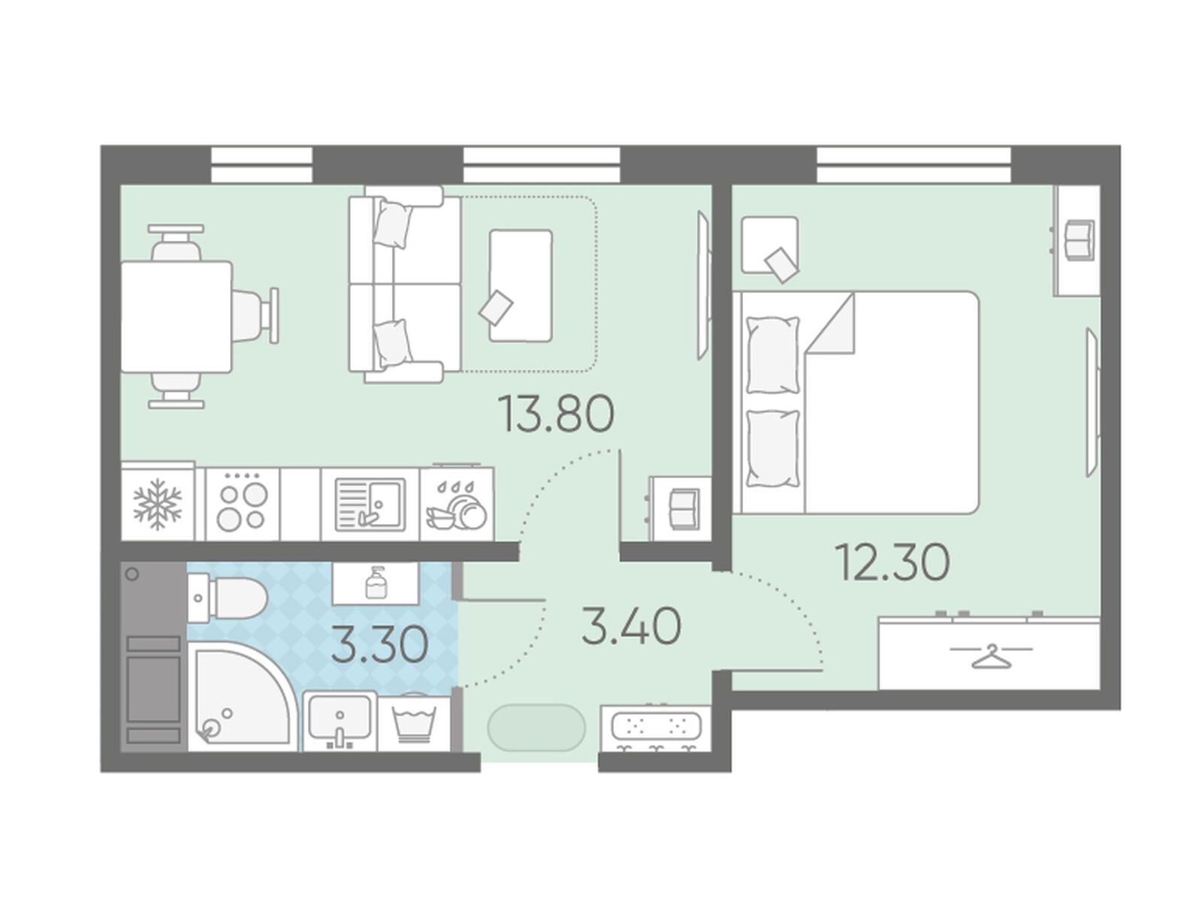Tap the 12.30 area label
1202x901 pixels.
[892, 562]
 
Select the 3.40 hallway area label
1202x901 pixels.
[631, 626]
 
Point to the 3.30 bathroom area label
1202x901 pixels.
[379, 644]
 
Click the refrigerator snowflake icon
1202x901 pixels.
[158, 504]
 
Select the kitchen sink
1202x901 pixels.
[370, 505]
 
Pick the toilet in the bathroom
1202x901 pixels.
[228, 598]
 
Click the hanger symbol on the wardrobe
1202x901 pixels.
[991, 656]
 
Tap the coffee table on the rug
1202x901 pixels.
[520, 285]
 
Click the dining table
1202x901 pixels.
[177, 318]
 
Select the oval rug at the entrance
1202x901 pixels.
[536, 728]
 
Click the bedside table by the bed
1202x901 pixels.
[769, 245]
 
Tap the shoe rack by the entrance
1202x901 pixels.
[656, 728]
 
